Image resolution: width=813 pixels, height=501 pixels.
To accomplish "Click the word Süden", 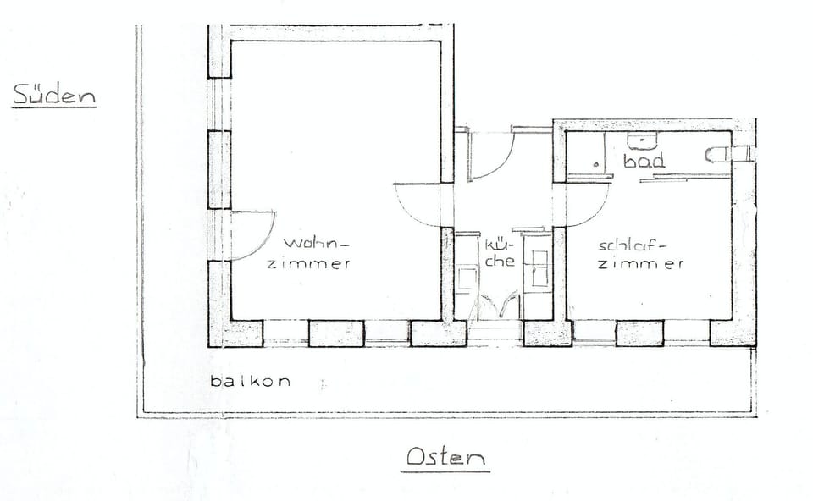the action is [x=54, y=96].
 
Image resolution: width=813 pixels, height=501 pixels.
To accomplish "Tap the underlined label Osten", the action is [x=446, y=457].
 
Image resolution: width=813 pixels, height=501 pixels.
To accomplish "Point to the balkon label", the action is [x=251, y=382].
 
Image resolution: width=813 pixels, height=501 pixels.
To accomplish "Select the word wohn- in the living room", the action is [x=316, y=243].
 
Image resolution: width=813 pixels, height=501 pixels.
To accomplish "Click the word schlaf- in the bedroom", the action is [x=632, y=245].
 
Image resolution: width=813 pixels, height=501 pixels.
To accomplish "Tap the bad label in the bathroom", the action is [x=644, y=161].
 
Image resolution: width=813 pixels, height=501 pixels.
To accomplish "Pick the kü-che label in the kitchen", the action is [x=500, y=252].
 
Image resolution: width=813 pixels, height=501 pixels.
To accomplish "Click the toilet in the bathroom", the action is [x=718, y=154].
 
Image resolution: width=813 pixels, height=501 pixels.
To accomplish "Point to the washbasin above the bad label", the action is [x=643, y=140].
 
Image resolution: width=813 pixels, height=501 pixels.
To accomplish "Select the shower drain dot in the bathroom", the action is [x=597, y=165].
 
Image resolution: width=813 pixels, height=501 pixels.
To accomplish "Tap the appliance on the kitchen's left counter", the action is [x=467, y=278].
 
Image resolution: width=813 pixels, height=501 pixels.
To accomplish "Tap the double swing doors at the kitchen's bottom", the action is [x=495, y=305].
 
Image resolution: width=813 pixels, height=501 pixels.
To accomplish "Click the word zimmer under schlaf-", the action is [x=641, y=264].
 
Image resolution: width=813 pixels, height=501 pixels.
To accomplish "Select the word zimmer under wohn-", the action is [x=309, y=263].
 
